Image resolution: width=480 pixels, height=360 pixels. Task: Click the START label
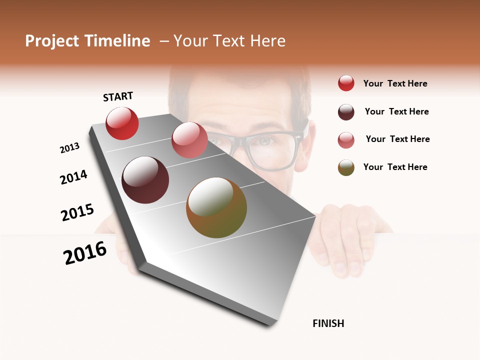click(x=118, y=96)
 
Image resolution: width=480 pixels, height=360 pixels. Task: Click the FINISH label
click(x=328, y=323)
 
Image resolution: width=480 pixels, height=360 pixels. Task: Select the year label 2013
click(x=69, y=148)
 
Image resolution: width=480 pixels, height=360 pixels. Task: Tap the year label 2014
click(x=73, y=177)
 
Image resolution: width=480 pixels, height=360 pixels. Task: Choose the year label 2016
click(x=85, y=253)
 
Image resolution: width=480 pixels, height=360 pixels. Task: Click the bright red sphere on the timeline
click(x=122, y=123)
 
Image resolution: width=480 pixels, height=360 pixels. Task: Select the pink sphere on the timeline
click(x=189, y=140)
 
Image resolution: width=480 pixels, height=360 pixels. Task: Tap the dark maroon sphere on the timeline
click(x=145, y=180)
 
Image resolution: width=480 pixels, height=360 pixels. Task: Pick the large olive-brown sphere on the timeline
click(x=216, y=207)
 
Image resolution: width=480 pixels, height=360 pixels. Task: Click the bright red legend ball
click(x=346, y=83)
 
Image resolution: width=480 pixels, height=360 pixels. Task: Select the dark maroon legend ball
click(x=346, y=112)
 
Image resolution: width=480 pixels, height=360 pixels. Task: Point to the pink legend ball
click(x=346, y=140)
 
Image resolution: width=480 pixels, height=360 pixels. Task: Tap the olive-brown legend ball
click(x=346, y=167)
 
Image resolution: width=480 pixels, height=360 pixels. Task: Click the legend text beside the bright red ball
click(x=395, y=84)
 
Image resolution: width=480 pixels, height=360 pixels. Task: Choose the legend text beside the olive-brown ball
click(x=395, y=167)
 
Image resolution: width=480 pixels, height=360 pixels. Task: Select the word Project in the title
click(x=52, y=41)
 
